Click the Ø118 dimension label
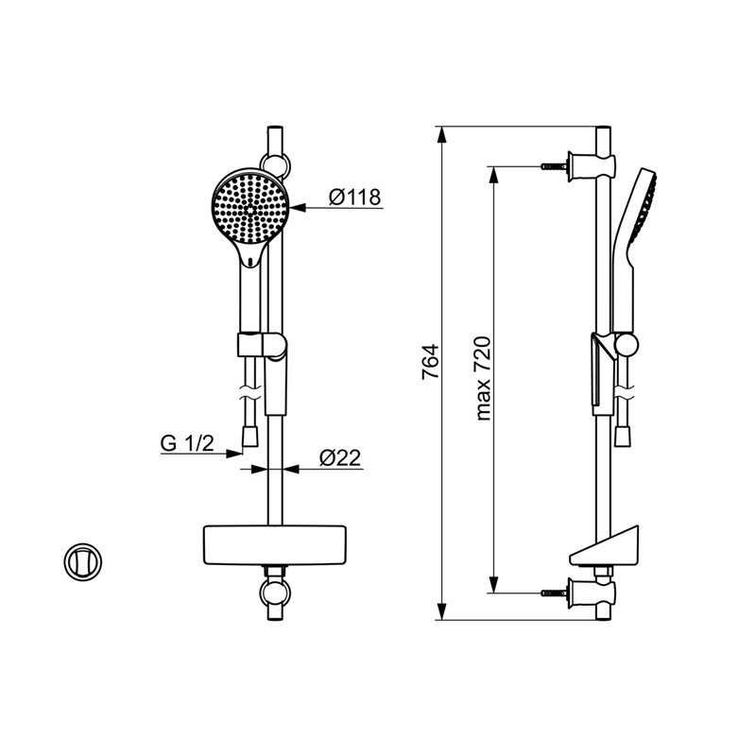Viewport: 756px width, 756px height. click(355, 197)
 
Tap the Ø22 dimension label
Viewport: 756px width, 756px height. click(340, 457)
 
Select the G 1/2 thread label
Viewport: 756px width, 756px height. click(187, 443)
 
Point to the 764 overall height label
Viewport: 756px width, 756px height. click(430, 361)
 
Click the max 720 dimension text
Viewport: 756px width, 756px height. click(483, 379)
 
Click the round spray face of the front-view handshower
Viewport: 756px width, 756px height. click(250, 208)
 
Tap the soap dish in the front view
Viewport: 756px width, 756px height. click(275, 544)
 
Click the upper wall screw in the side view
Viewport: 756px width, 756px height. click(554, 166)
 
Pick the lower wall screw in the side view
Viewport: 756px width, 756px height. click(554, 593)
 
